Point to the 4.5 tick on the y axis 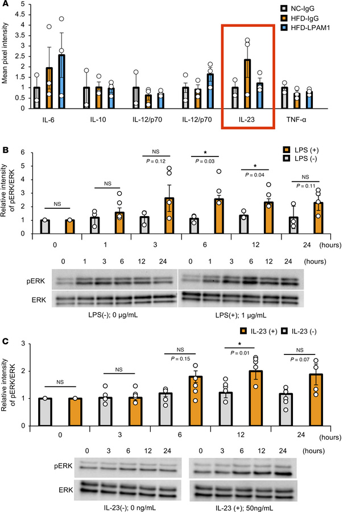click(21, 14)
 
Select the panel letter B click(5, 151)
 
